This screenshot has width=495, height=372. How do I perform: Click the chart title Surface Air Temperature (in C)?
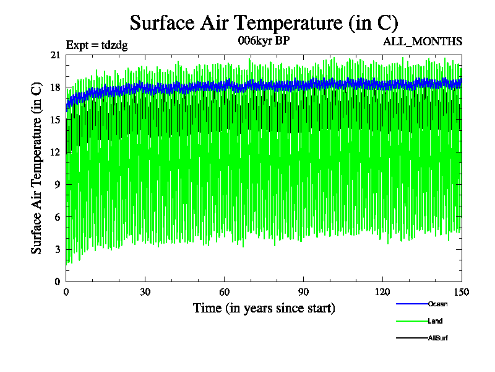click(x=264, y=23)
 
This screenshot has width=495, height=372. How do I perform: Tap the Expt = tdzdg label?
click(x=97, y=45)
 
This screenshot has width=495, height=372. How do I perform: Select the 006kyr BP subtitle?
click(x=264, y=41)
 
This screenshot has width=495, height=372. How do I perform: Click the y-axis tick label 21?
click(x=55, y=55)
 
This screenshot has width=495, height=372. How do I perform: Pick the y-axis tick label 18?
click(x=55, y=87)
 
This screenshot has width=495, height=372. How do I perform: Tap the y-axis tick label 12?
click(x=55, y=152)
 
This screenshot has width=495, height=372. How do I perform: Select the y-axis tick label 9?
click(x=58, y=184)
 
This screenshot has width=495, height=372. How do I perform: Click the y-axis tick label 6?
click(x=58, y=216)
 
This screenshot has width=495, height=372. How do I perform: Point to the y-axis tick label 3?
click(x=58, y=249)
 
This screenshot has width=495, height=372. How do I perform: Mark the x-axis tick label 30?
click(x=145, y=293)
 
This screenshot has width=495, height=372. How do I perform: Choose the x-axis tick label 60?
click(x=225, y=293)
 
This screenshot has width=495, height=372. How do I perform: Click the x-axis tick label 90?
click(x=304, y=293)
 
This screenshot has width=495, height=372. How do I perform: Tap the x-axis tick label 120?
click(x=383, y=293)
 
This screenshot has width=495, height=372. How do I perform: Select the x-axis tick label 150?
click(x=462, y=293)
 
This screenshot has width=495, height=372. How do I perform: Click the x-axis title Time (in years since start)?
click(x=264, y=308)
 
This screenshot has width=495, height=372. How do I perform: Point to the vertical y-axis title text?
click(x=37, y=168)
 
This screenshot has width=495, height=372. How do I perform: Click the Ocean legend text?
click(x=437, y=304)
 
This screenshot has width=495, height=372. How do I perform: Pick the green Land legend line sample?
click(x=411, y=321)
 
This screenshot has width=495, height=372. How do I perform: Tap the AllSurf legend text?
click(x=438, y=338)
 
